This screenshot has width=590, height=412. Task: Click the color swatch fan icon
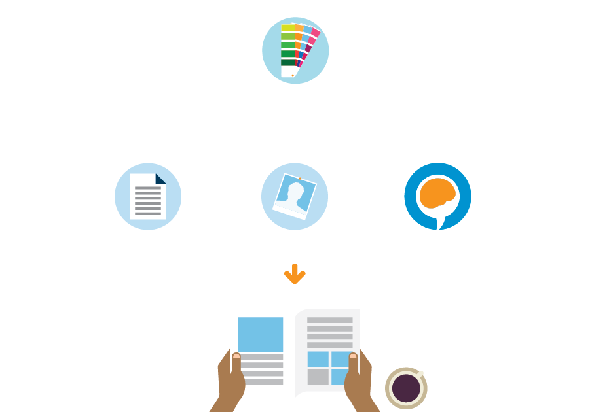(x=295, y=50)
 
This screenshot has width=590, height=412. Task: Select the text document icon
(x=148, y=196)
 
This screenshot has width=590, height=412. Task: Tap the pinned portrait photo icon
(x=295, y=196)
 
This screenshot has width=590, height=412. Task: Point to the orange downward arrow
(x=295, y=274)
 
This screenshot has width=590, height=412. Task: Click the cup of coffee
(x=406, y=388)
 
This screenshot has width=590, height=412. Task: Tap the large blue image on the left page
(x=260, y=334)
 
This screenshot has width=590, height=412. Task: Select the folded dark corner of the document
(x=160, y=179)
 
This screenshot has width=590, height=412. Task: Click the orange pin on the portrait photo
(x=300, y=177)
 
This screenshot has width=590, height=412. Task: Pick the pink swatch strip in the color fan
(x=315, y=32)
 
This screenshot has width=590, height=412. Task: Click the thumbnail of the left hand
(x=236, y=356)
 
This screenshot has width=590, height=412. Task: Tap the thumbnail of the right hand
(x=353, y=356)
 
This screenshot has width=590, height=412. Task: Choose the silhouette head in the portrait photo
(x=296, y=190)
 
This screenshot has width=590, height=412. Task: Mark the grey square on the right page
(x=318, y=377)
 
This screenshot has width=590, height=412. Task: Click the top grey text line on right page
(x=329, y=320)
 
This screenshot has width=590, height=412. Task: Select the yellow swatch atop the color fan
(x=287, y=28)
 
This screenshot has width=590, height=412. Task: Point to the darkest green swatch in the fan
(x=287, y=63)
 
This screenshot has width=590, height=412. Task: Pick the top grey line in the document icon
(x=148, y=188)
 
